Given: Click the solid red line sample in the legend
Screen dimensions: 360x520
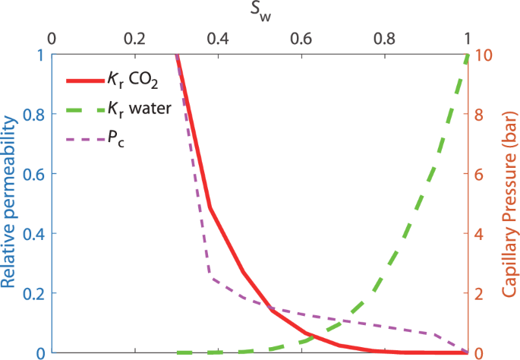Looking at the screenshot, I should [x=87, y=81].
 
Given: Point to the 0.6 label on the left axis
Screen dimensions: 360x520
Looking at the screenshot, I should [x=32, y=174].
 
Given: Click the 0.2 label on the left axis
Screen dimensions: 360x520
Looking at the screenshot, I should [x=32, y=293].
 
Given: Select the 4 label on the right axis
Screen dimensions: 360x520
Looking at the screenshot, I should [x=479, y=234].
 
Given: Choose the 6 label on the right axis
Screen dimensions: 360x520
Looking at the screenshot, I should [x=479, y=174].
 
